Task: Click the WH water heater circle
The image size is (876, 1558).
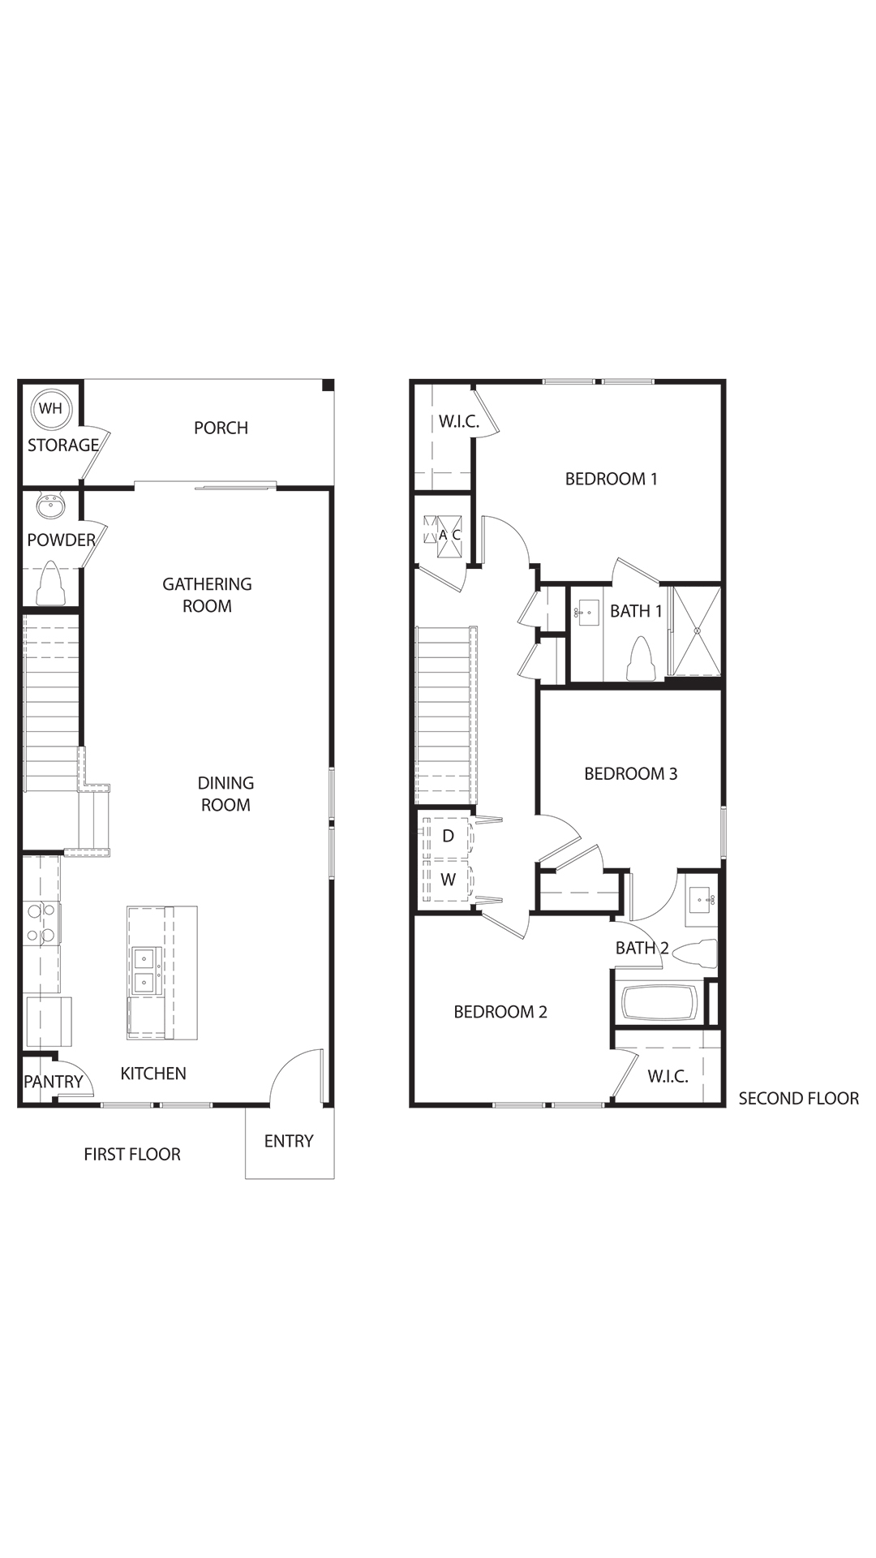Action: (x=50, y=408)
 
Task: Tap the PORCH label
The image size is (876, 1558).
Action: (x=221, y=428)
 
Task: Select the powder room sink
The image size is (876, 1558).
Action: (x=50, y=507)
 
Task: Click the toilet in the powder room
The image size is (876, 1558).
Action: (x=51, y=583)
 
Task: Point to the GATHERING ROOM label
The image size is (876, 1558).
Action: (x=207, y=595)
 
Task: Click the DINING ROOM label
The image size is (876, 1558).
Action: (x=225, y=794)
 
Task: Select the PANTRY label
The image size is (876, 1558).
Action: (x=54, y=1082)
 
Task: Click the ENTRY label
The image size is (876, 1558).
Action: (x=289, y=1141)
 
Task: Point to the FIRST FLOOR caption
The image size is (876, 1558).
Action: (x=132, y=1154)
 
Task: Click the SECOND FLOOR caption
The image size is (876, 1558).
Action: (x=798, y=1098)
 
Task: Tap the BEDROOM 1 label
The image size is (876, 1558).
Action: (x=612, y=479)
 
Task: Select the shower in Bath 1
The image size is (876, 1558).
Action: (x=694, y=630)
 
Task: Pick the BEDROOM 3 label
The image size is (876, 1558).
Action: (x=631, y=773)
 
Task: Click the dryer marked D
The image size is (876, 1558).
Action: (x=447, y=836)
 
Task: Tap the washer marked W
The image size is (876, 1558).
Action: (x=447, y=880)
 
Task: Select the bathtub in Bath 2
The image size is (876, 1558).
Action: (x=659, y=1003)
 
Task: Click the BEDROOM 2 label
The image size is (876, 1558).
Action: (x=500, y=1012)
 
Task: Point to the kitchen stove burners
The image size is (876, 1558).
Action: (x=41, y=923)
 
